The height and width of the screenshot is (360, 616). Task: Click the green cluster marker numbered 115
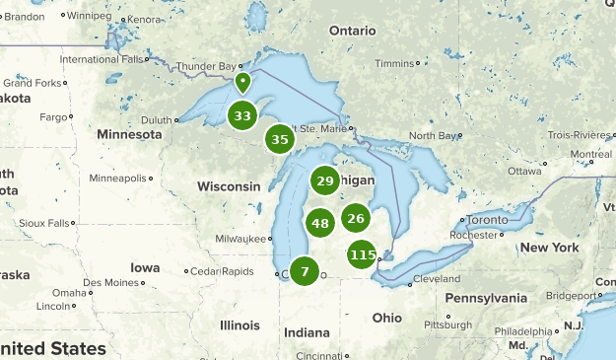363,255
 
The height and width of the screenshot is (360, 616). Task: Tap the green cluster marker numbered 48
319,224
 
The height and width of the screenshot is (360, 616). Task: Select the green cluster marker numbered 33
242,116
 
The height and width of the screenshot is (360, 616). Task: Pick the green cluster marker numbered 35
280,140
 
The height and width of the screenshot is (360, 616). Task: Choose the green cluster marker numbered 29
325,180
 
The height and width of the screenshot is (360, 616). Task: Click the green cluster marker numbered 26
356,219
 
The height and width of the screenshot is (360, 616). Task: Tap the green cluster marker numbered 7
306,271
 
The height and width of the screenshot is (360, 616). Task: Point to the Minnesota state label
129,134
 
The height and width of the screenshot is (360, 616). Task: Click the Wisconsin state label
229,186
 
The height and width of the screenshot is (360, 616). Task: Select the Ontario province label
353,31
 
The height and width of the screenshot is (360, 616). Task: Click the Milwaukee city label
240,239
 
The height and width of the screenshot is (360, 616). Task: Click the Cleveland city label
436,278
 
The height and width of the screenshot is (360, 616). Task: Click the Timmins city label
394,63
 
